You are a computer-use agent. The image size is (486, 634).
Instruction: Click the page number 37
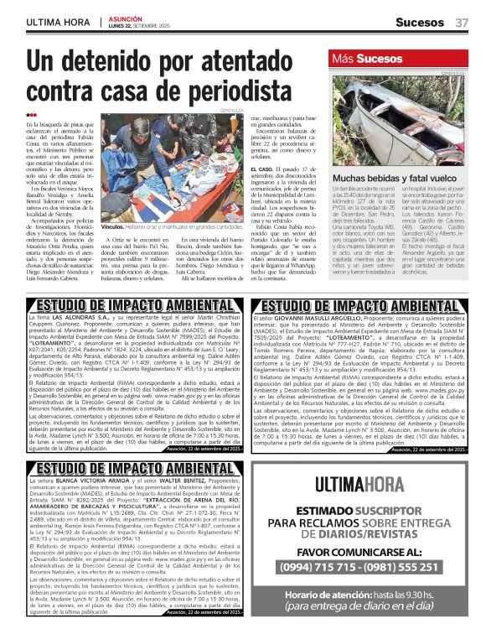[462, 22]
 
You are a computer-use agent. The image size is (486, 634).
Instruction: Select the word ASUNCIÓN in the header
[126, 17]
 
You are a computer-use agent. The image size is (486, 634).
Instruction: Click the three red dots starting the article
[31, 115]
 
